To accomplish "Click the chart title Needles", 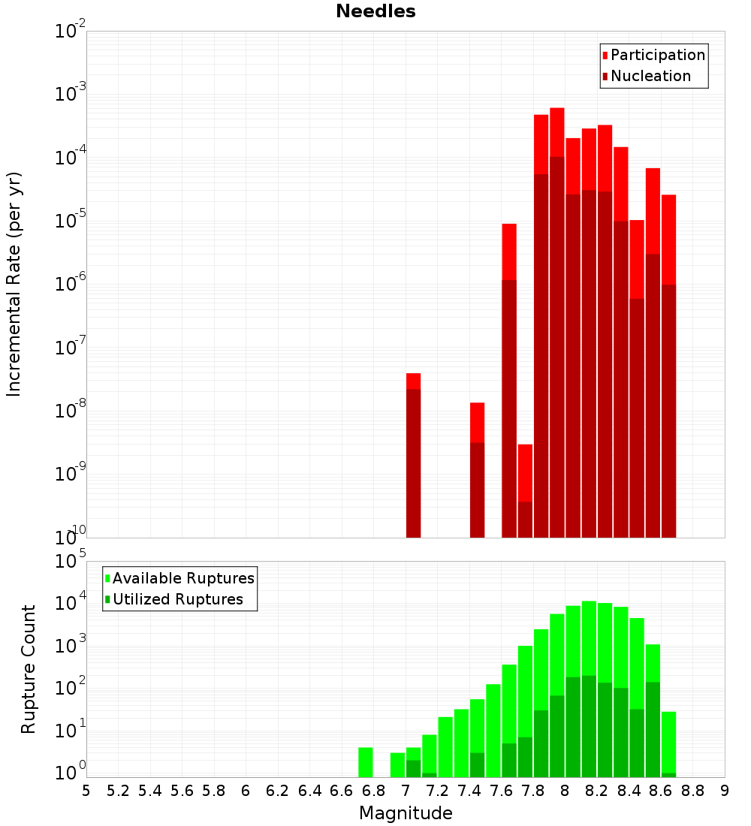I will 375,12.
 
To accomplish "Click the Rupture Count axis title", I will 29,669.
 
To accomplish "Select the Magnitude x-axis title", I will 406,813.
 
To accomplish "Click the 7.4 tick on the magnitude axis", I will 469,791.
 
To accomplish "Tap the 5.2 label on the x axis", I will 118,791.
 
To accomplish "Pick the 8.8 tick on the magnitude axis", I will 692,791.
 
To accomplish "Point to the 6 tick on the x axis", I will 246,791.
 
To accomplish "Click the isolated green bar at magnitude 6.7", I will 366,762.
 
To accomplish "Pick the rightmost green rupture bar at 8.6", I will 668,744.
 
